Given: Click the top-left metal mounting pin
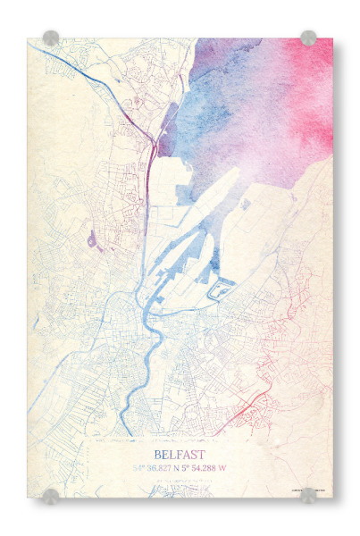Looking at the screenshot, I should [51, 38].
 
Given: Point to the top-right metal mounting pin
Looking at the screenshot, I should [308, 38].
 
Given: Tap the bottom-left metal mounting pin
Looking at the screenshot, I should [51, 495].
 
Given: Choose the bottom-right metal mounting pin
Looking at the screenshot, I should [308, 495].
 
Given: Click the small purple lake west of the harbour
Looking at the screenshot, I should [92, 239].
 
